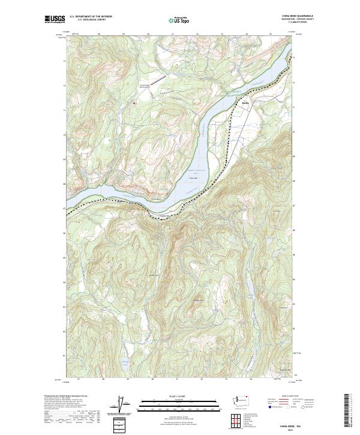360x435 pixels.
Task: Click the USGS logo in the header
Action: [55, 19]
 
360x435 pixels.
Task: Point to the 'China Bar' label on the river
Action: [193, 178]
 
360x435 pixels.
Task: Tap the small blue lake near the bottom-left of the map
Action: [123, 362]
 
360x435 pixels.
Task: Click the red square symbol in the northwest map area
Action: [134, 103]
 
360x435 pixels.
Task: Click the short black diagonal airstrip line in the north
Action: [157, 79]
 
